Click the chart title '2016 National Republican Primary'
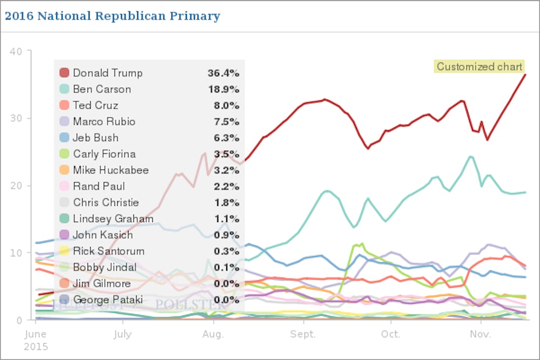coord(112,16)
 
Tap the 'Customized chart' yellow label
coord(480,67)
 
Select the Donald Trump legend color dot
coord(64,73)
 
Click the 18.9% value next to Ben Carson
coord(224,89)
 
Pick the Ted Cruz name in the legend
coord(95,105)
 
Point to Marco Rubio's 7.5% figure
coord(226,121)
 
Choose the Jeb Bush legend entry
coord(96,138)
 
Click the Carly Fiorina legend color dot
coord(64,154)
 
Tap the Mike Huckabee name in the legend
coord(111,170)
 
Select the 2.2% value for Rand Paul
coord(226,186)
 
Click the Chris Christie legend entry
coord(106,202)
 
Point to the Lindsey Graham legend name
coord(113,219)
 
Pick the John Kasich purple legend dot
coord(64,235)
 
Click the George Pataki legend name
coord(105,300)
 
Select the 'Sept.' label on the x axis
coord(302,335)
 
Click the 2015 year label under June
coord(36,345)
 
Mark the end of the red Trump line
coord(525,74)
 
